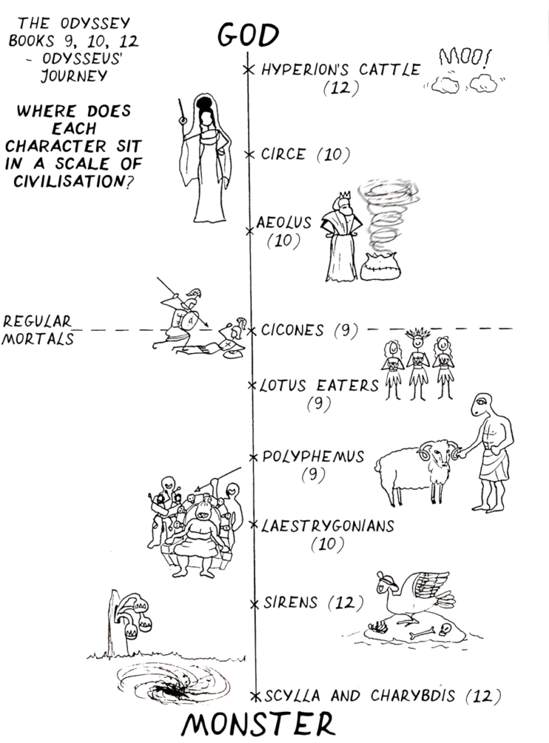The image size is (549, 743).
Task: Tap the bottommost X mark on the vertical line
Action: [256, 696]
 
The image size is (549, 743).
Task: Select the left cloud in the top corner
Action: [446, 85]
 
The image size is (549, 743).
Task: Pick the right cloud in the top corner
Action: [483, 84]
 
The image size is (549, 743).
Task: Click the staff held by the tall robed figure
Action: [181, 140]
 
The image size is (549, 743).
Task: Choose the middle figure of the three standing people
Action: [418, 366]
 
